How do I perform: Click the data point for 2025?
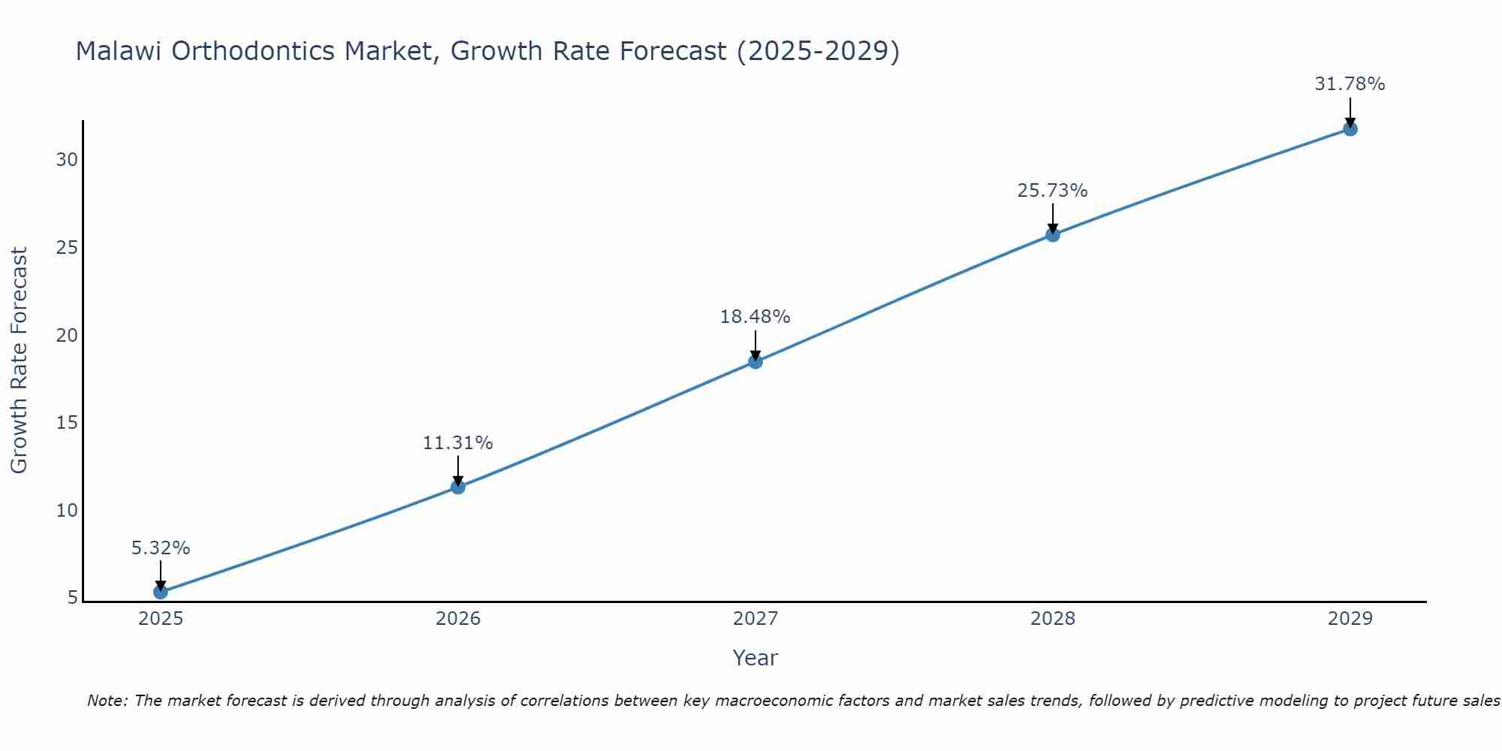[x=161, y=592]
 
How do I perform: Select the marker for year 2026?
[x=458, y=487]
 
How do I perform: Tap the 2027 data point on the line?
[x=756, y=361]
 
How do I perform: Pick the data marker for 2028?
[x=1053, y=234]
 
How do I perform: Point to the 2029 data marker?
[x=1350, y=128]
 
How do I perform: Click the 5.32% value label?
[x=161, y=548]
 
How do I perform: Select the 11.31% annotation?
[x=458, y=443]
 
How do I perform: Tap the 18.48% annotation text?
[x=756, y=317]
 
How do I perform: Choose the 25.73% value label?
[x=1053, y=191]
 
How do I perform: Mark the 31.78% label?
[x=1350, y=84]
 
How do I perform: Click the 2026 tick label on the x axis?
[x=458, y=619]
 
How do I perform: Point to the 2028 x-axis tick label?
[x=1053, y=619]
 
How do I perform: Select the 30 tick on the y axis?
[x=68, y=160]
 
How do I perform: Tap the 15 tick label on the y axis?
[x=68, y=423]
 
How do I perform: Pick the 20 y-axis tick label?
[x=68, y=335]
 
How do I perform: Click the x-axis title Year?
[x=756, y=658]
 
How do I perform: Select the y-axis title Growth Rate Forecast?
[x=20, y=360]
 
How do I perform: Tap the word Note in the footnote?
[x=108, y=701]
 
